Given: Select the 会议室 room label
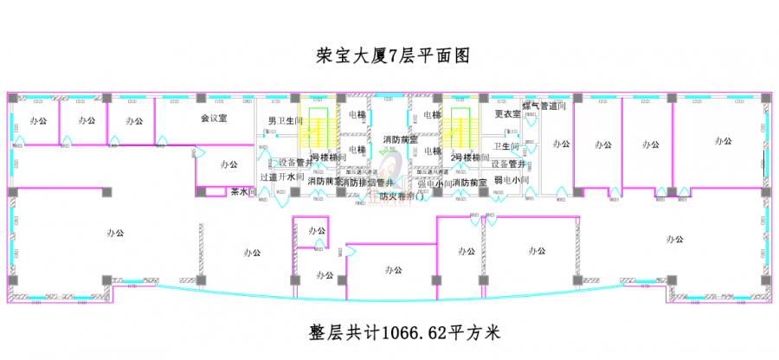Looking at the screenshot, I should point(213,118).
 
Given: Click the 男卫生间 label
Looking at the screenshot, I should point(285,120).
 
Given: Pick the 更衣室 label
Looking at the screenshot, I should point(507,114).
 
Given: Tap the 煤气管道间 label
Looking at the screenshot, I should point(544,106).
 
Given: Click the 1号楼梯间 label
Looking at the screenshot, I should point(328,158).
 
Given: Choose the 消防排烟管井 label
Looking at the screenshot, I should point(366,183).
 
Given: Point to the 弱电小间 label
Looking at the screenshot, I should point(511,180).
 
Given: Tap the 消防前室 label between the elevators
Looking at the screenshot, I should point(400,139).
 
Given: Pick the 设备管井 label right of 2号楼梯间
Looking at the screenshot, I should point(509,164).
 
